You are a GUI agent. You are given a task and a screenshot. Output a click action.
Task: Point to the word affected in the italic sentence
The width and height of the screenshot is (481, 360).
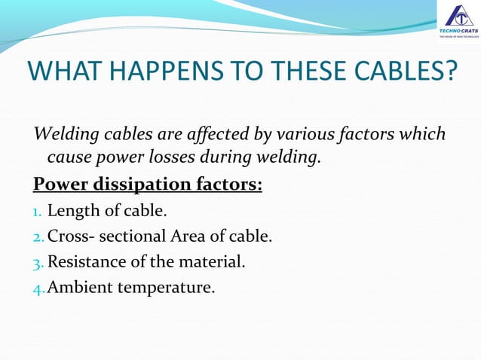219,135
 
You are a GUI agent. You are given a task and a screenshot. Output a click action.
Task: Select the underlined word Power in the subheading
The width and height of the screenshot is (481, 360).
57,185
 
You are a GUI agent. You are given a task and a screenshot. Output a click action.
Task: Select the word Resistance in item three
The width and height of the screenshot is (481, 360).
84,262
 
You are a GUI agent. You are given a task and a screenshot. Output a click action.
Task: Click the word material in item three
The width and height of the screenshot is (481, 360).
217,262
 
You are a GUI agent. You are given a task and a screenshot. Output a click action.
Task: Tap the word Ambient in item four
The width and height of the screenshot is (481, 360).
78,287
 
